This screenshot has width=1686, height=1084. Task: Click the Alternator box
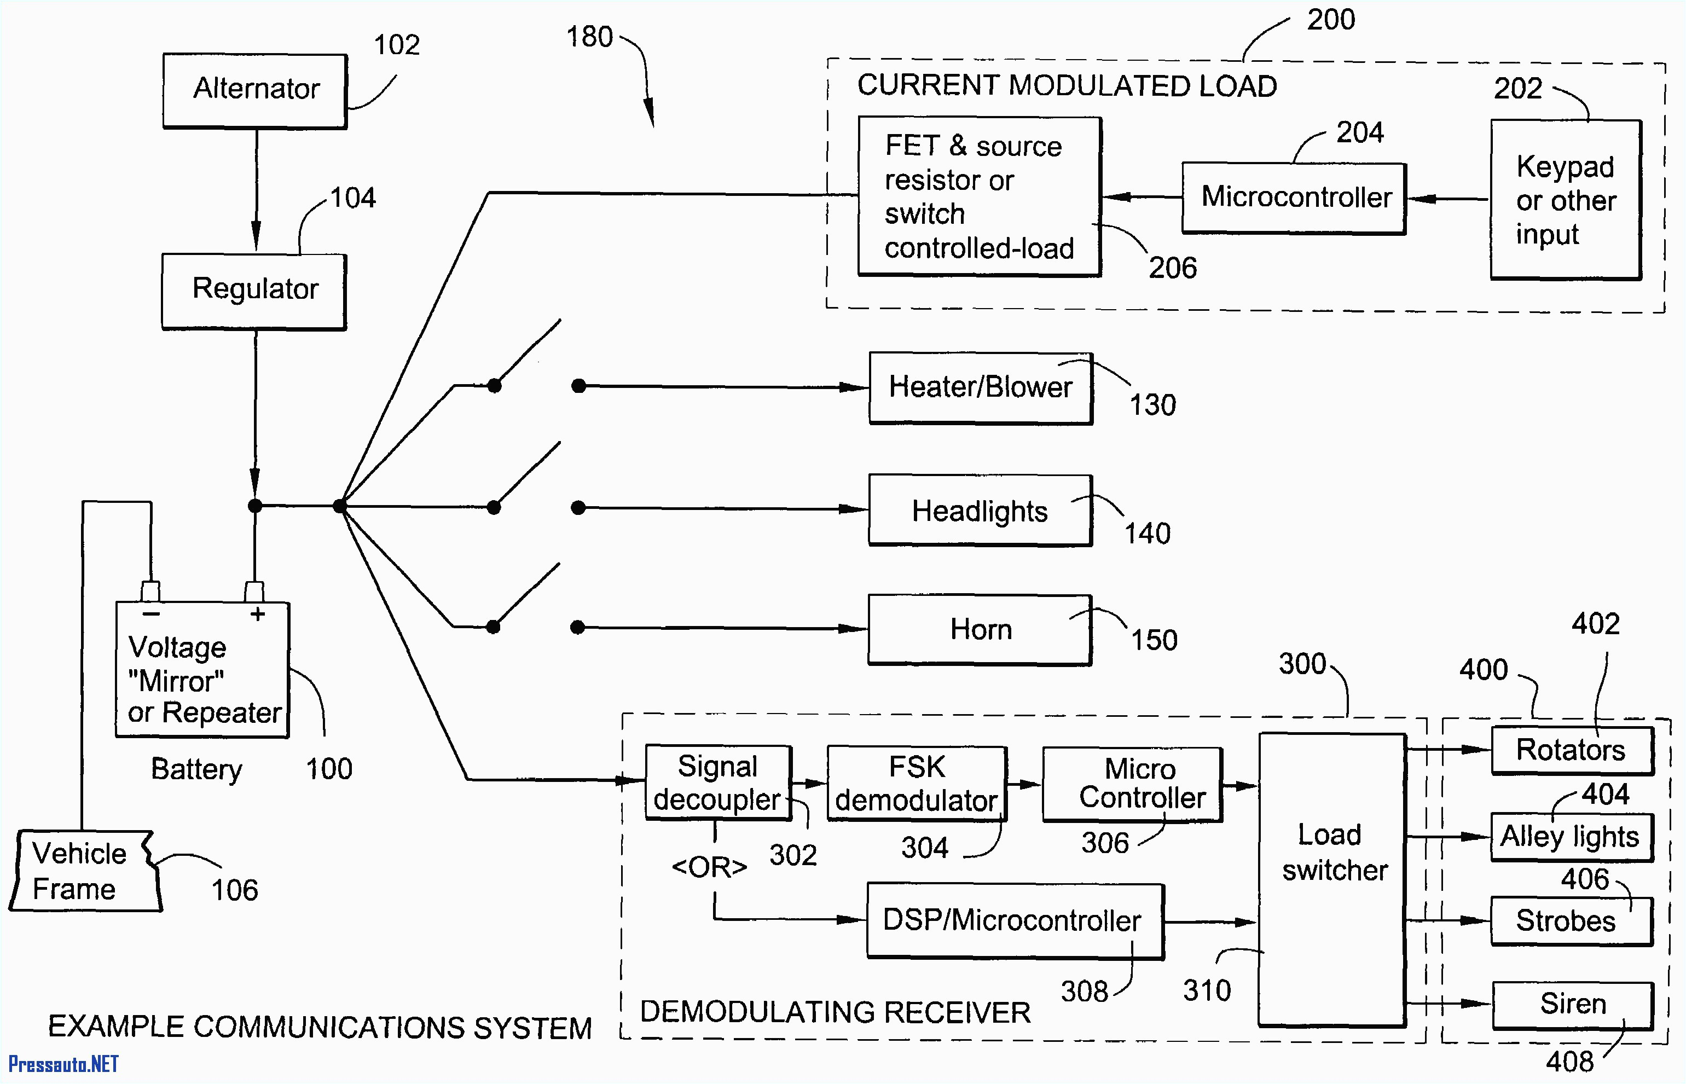[x=255, y=90]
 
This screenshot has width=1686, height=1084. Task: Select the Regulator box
[x=254, y=290]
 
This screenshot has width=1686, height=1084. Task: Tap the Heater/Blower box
[x=980, y=388]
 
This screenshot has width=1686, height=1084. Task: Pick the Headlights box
[x=980, y=511]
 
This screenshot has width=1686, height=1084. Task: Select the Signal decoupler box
[x=717, y=782]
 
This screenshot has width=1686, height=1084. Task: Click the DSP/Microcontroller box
[x=1013, y=921]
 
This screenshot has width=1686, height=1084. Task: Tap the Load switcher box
[x=1331, y=880]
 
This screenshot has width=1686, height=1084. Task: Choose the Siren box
[x=1572, y=1005]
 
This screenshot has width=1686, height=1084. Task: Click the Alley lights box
[x=1571, y=837]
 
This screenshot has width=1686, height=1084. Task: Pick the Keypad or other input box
[x=1565, y=200]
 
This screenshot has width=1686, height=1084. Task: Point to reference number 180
[x=589, y=37]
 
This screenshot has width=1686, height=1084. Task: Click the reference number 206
[x=1172, y=268]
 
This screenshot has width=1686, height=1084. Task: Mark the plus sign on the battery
[x=258, y=614]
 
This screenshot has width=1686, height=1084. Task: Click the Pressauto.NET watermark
[x=63, y=1064]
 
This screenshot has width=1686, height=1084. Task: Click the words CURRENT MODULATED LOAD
[x=1066, y=86]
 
